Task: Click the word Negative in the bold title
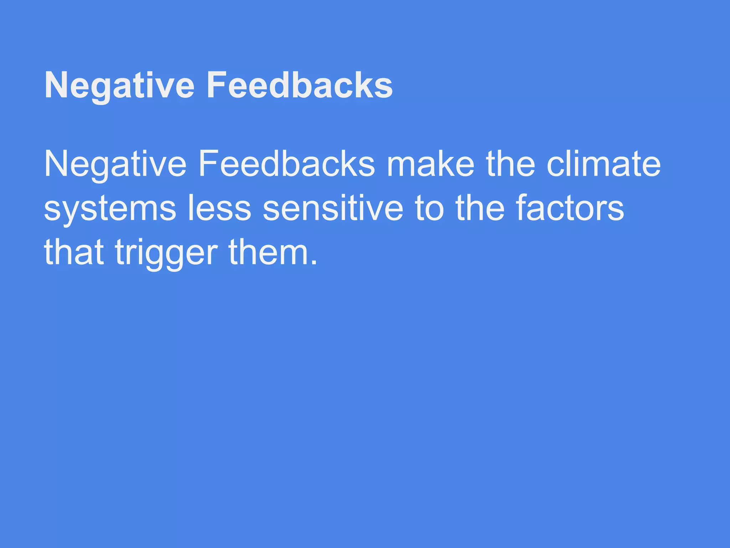click(x=119, y=86)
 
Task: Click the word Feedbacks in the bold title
click(x=299, y=86)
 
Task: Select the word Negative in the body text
click(x=115, y=164)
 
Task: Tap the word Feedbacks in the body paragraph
click(x=287, y=164)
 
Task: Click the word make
click(x=431, y=164)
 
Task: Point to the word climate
click(x=603, y=164)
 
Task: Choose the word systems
click(x=110, y=208)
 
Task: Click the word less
click(x=219, y=208)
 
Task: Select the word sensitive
click(x=333, y=208)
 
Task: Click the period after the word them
click(x=314, y=263)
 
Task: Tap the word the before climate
click(x=510, y=164)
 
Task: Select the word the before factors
click(x=480, y=208)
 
